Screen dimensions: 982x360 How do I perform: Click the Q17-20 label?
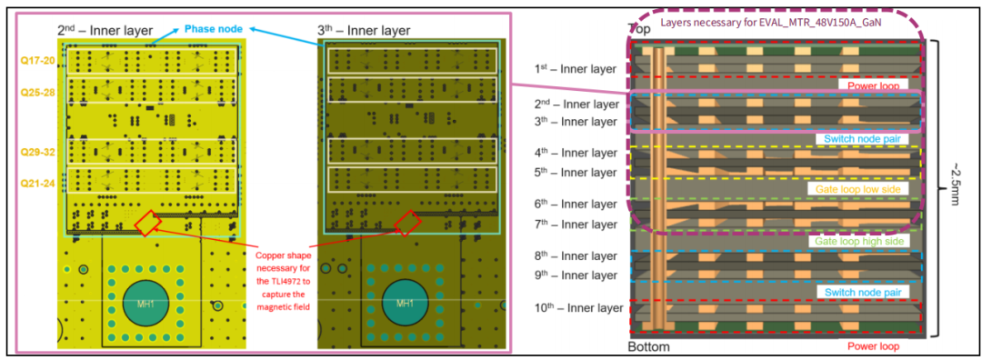[x=38, y=61]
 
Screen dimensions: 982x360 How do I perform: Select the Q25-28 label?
[x=38, y=92]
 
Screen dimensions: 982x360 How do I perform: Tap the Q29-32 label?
[x=38, y=152]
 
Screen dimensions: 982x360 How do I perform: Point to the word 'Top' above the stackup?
[x=637, y=29]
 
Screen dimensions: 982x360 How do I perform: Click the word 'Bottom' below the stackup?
[x=648, y=346]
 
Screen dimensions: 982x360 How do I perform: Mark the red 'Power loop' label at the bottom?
[x=874, y=346]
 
